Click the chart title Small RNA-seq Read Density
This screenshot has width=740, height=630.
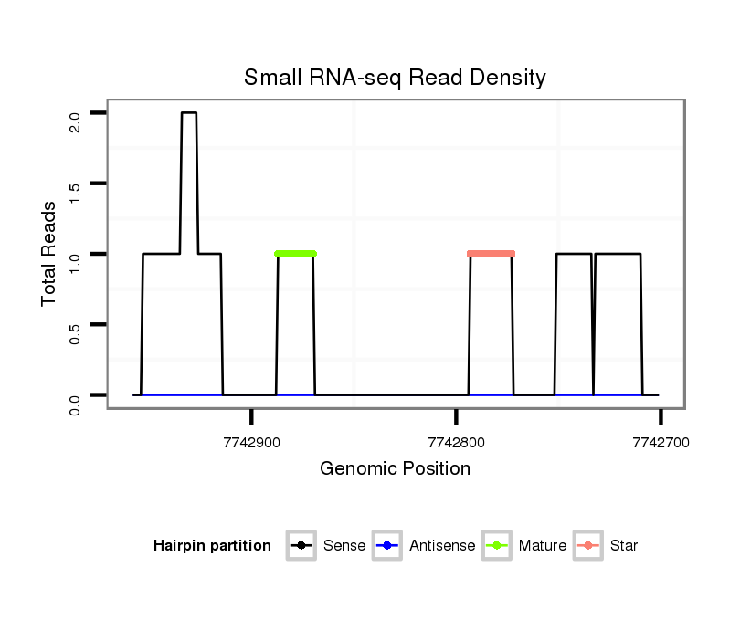[395, 78]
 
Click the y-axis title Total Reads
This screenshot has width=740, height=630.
[51, 254]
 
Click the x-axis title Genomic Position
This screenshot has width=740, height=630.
[395, 469]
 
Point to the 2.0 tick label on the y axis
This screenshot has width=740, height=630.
[75, 121]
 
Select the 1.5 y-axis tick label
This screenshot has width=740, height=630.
[75, 191]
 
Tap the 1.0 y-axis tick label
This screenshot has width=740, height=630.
[75, 262]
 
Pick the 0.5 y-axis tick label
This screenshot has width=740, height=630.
[75, 332]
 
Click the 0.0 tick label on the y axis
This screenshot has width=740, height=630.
[75, 403]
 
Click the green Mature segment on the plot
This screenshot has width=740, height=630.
[295, 254]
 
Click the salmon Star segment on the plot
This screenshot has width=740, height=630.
[491, 254]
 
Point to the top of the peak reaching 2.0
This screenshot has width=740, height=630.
[189, 113]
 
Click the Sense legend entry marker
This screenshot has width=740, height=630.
[301, 546]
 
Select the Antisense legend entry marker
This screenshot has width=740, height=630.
[387, 546]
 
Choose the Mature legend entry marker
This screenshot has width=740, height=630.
[496, 546]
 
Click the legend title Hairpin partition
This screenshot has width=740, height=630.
[212, 546]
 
